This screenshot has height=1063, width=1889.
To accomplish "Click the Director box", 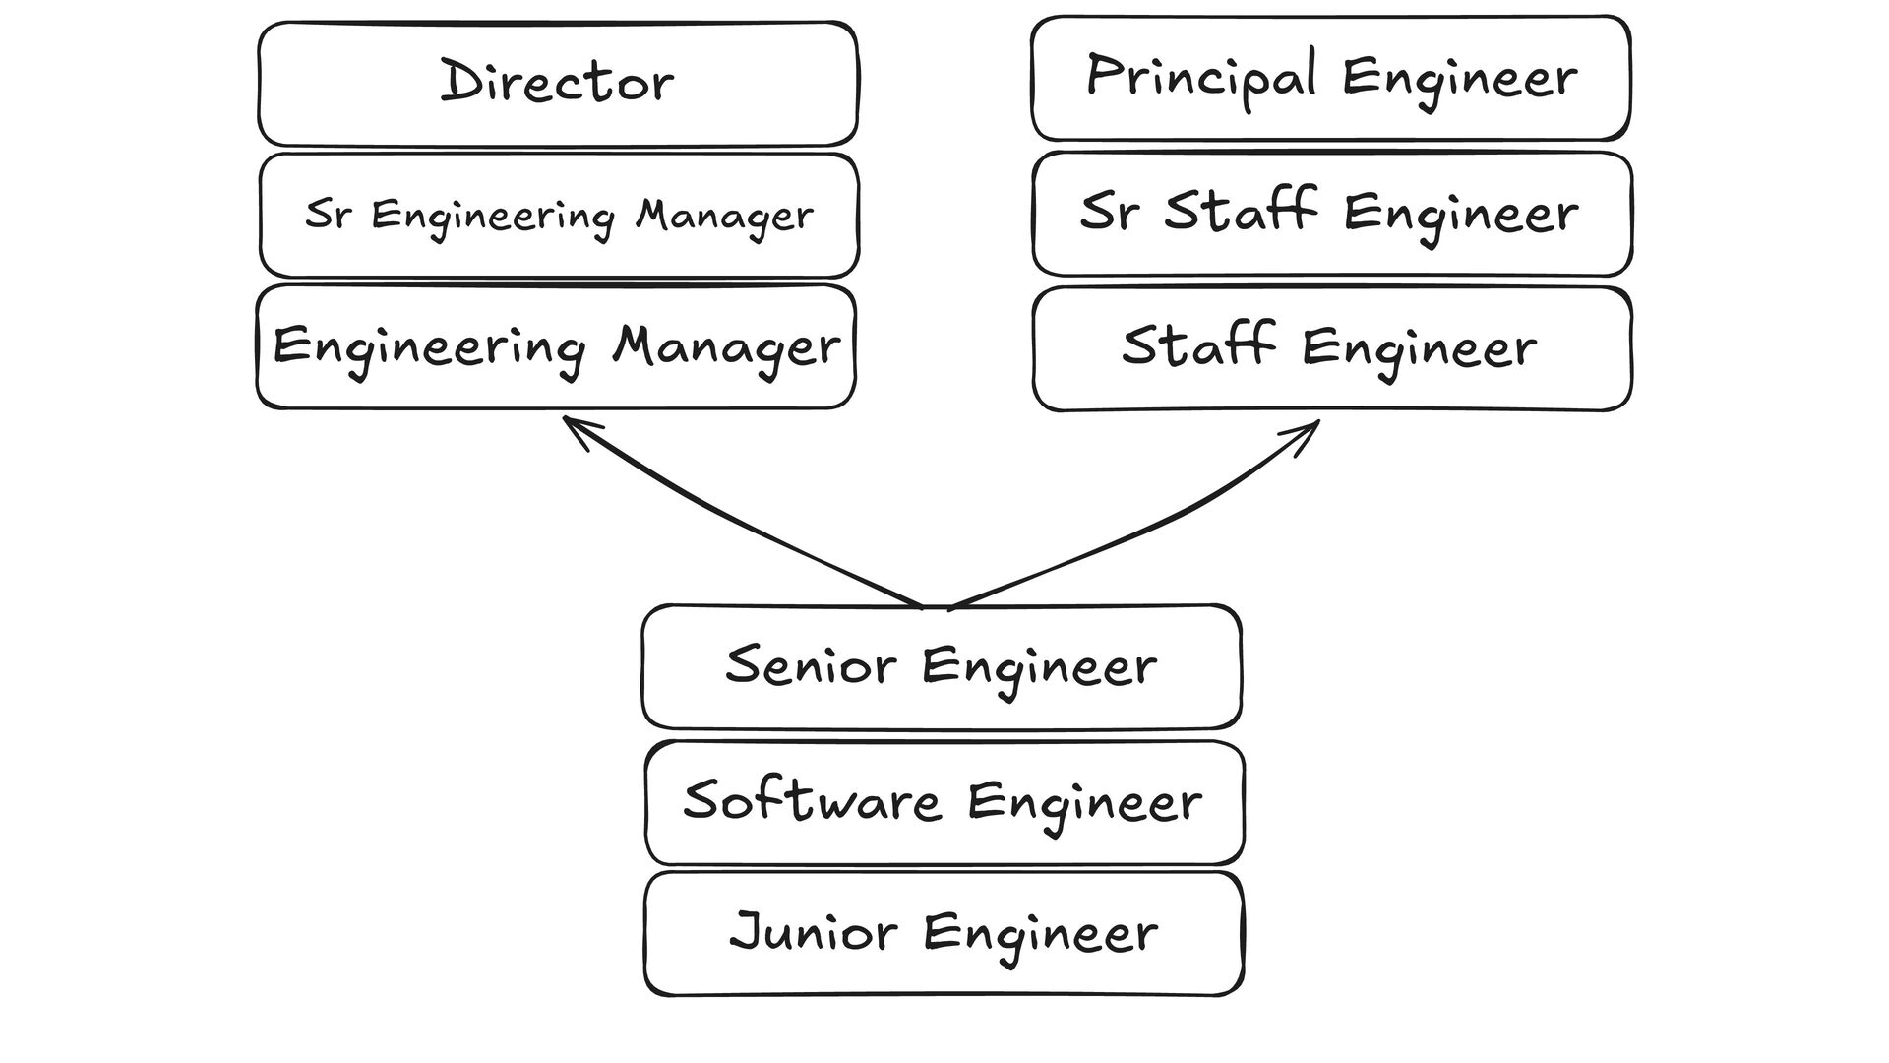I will pyautogui.click(x=558, y=84).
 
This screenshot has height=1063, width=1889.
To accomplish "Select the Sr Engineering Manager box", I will pyautogui.click(x=558, y=216).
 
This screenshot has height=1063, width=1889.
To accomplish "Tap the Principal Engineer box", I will pyautogui.click(x=1330, y=79).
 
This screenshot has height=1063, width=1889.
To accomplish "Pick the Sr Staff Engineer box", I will pyautogui.click(x=1331, y=214).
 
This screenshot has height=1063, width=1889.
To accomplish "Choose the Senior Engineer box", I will pyautogui.click(x=942, y=667).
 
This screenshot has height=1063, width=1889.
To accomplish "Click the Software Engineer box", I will pyautogui.click(x=944, y=802).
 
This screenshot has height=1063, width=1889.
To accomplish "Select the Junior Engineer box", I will pyautogui.click(x=944, y=933).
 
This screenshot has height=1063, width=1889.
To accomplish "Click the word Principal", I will pyautogui.click(x=1200, y=77).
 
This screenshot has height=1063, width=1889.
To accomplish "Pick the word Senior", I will pyautogui.click(x=811, y=666).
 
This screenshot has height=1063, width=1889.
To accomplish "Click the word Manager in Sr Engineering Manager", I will pyautogui.click(x=724, y=217).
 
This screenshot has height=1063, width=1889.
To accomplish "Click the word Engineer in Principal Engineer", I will pyautogui.click(x=1459, y=79).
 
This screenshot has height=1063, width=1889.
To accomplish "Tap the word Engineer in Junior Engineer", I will pyautogui.click(x=1040, y=935).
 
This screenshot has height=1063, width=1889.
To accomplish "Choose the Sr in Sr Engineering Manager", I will pyautogui.click(x=327, y=214).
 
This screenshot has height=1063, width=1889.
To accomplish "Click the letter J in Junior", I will pyautogui.click(x=747, y=931).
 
